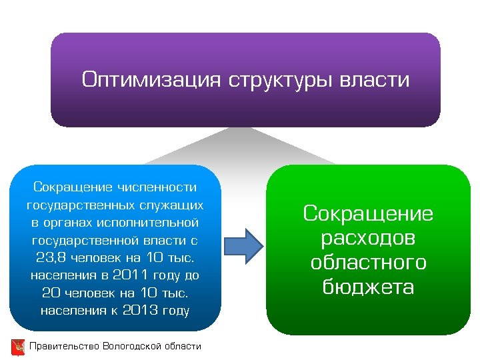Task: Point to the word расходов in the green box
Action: tap(368, 239)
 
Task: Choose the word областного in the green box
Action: tap(368, 263)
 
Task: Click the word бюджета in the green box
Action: tap(368, 287)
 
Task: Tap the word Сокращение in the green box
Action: tap(368, 214)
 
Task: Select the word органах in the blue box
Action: tap(75, 221)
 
